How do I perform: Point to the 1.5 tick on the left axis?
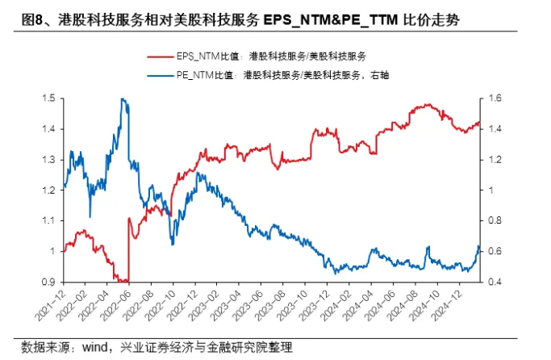pos(48,98)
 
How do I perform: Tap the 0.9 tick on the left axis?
pos(48,282)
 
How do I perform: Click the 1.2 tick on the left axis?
pos(48,190)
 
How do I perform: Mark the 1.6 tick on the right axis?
pos(495,98)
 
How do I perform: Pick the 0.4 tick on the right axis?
pos(495,282)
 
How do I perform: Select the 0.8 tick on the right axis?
pos(495,220)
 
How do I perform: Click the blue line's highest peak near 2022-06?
pos(122,98)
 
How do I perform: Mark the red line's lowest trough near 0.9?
pos(122,281)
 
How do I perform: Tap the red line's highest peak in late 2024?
pos(424,105)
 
